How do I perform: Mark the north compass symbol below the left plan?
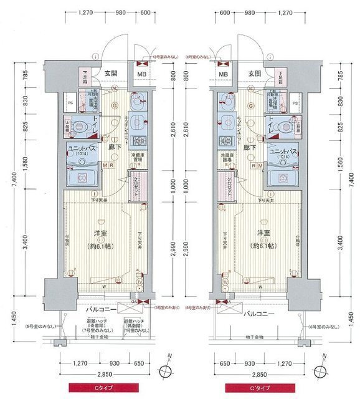165,369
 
